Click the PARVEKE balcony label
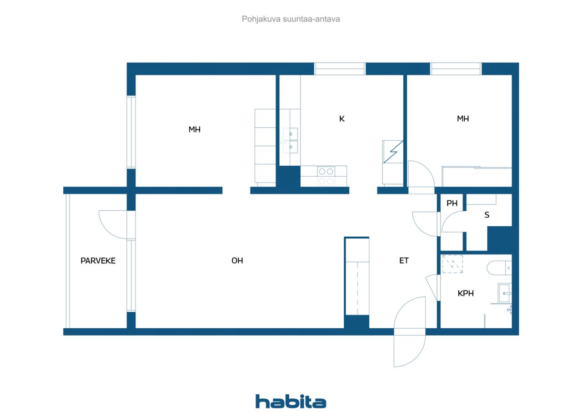(x=98, y=260)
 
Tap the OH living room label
(x=237, y=260)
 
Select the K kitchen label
(x=342, y=119)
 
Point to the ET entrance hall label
(x=404, y=260)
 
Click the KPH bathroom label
(x=466, y=293)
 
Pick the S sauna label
(x=487, y=215)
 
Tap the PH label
(x=452, y=203)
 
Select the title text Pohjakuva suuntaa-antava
(x=291, y=19)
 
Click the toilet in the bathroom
(x=499, y=268)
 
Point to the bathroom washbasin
(x=505, y=293)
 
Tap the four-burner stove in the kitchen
(x=326, y=176)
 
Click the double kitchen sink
(x=290, y=141)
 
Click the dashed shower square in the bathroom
(x=452, y=264)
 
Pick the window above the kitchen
(x=340, y=69)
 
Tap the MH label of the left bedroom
(x=195, y=130)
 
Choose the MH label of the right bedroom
(x=463, y=119)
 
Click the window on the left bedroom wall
(x=131, y=132)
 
